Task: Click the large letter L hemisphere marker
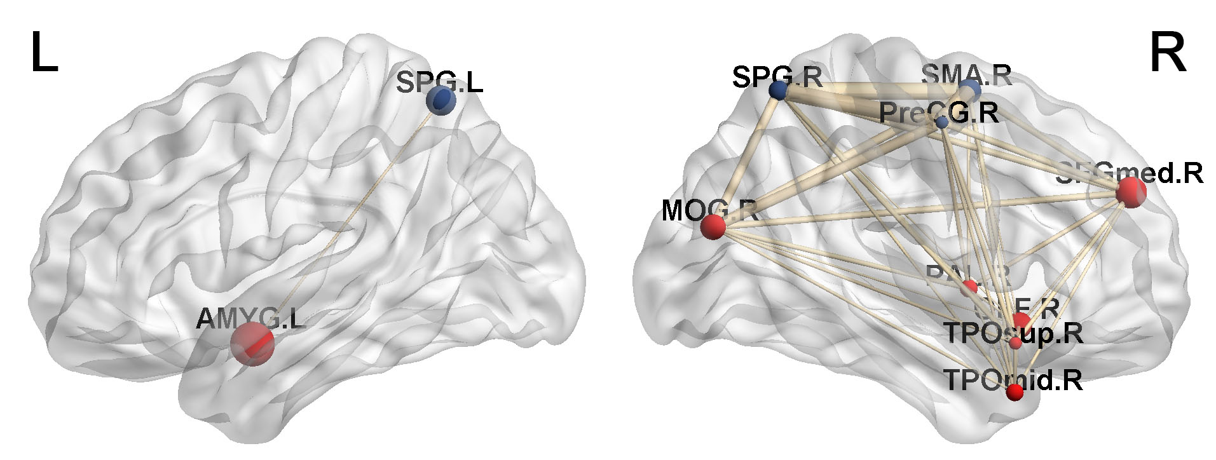click(44, 54)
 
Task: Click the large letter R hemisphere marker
click(1167, 54)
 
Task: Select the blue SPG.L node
click(440, 100)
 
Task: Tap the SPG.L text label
click(439, 83)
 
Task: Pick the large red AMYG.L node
click(252, 344)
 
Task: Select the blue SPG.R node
click(778, 90)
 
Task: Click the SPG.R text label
click(777, 77)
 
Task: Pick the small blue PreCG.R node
click(941, 123)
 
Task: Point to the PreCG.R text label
click(938, 113)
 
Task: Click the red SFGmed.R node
click(1130, 192)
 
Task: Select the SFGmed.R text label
click(1129, 173)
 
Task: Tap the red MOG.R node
click(713, 226)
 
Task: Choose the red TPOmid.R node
click(1015, 393)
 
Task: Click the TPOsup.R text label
click(1013, 333)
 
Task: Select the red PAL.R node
click(969, 288)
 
